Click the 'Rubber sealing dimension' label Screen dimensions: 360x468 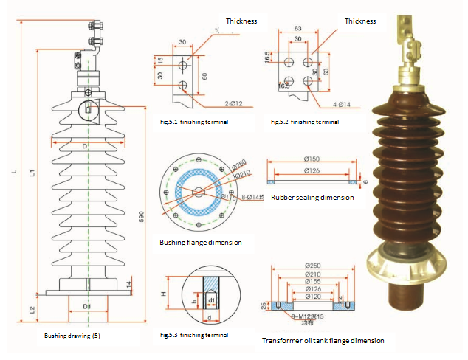312,198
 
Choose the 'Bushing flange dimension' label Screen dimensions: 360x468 200,242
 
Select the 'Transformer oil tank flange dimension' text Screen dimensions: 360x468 323,340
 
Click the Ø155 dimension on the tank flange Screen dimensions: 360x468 312,281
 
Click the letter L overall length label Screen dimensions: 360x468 13,173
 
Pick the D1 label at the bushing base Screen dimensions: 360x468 87,305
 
